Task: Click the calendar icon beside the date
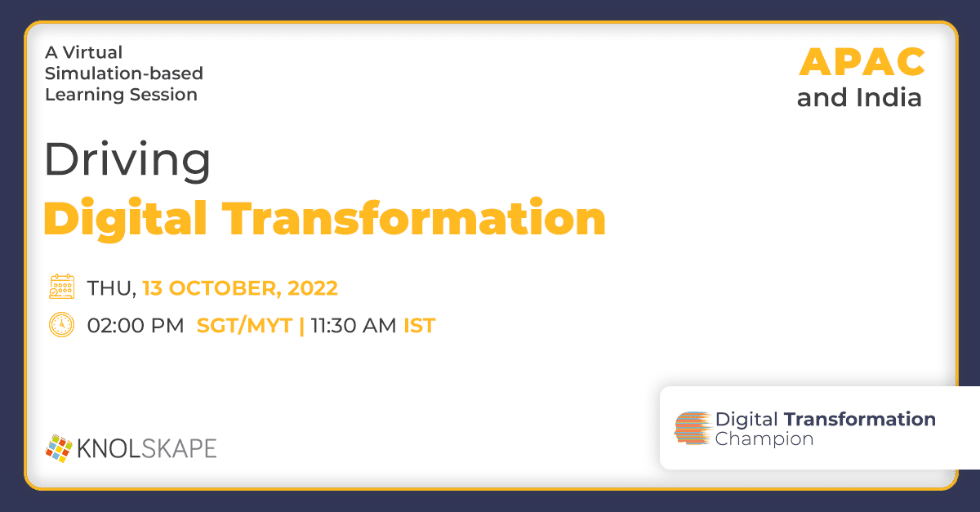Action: [x=62, y=287]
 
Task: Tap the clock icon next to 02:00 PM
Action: [x=62, y=325]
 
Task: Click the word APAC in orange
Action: [x=862, y=62]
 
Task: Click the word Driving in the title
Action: [x=127, y=161]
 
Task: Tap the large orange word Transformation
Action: [x=414, y=218]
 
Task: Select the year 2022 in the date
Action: [x=313, y=288]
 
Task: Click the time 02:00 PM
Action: [x=136, y=326]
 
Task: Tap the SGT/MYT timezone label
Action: [x=244, y=326]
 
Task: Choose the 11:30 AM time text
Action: [x=354, y=326]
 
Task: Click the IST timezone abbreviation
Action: [x=420, y=326]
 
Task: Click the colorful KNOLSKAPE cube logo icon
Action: [x=59, y=448]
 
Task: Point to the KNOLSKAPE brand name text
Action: [x=147, y=448]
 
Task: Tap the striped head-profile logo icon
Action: [x=693, y=428]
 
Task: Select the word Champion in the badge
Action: [x=764, y=439]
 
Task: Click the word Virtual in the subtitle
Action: [x=92, y=52]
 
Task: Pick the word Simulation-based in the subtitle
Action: [x=124, y=73]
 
